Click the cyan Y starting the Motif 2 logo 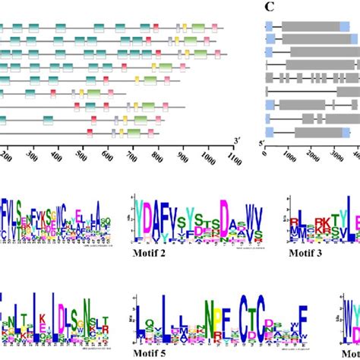coord(141,216)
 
